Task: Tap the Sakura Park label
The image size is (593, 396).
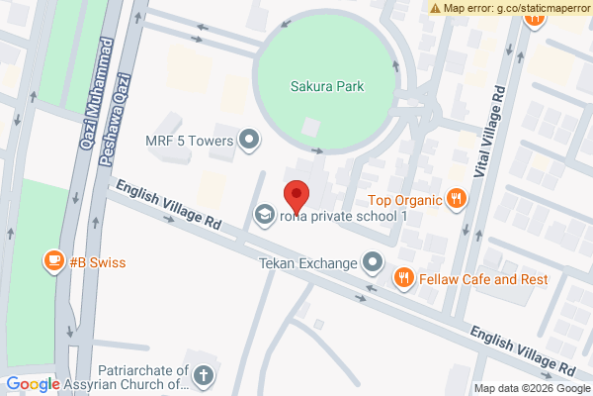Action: tap(326, 87)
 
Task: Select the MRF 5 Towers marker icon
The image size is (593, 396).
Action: tap(250, 142)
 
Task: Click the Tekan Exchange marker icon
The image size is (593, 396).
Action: tap(373, 262)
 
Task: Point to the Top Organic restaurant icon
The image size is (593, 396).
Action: tap(456, 198)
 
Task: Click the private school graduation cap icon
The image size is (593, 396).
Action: tap(265, 214)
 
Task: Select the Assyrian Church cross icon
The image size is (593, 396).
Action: tap(203, 375)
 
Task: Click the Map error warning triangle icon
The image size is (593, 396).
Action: tap(435, 7)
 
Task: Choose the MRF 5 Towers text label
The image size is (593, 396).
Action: tap(189, 142)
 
